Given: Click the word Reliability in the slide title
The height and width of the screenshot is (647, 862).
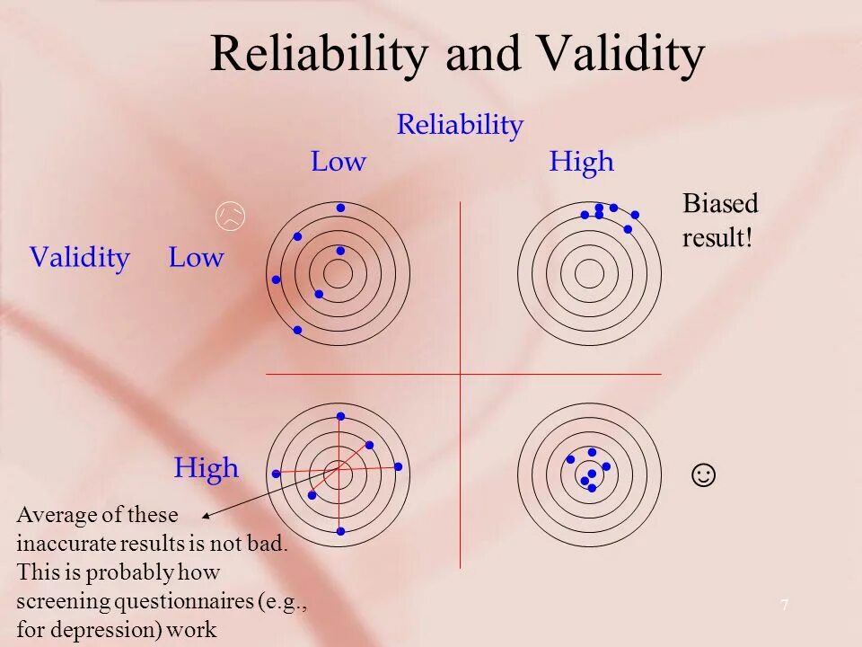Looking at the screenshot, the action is [319, 56].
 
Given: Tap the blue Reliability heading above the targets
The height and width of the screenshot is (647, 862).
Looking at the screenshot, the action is [460, 125].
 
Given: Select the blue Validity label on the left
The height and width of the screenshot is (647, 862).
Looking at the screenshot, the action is [79, 258].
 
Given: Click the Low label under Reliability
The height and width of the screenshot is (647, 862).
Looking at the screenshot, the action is [339, 163].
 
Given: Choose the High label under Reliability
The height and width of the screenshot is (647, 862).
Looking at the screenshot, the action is [582, 163].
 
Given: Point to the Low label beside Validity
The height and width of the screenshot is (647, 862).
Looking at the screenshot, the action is [196, 258].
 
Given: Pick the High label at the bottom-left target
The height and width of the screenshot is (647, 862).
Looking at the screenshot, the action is [207, 468].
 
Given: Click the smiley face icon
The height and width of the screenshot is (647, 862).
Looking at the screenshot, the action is [704, 474].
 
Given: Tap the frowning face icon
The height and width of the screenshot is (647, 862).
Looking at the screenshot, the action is [231, 216].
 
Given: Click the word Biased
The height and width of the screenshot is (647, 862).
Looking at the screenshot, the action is [720, 204].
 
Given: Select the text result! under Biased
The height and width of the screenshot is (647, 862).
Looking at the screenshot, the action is [717, 240].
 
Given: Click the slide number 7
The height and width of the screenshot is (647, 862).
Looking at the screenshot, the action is [784, 606].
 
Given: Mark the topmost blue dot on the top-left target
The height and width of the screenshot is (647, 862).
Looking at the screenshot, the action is [340, 208].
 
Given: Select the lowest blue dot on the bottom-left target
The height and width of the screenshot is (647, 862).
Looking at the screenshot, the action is [340, 532].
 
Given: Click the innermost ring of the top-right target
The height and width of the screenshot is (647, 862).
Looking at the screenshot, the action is [589, 273].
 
